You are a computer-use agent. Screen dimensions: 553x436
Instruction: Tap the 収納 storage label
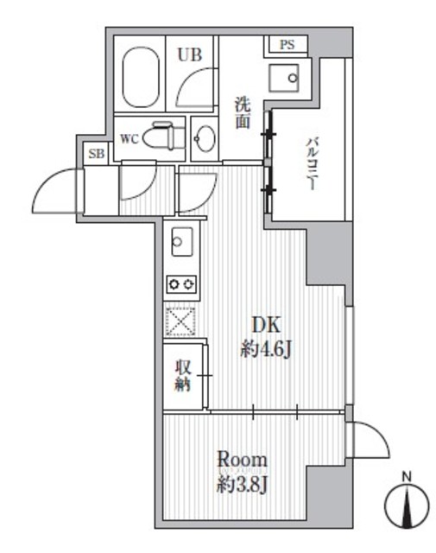tap(183, 374)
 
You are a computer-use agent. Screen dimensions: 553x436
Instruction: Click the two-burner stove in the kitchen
tap(182, 284)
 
